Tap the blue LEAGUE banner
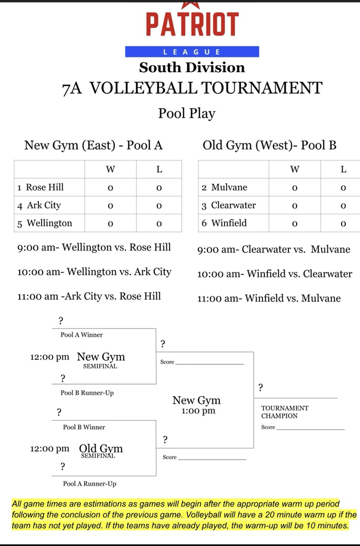pyautogui.click(x=192, y=52)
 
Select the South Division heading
pyautogui.click(x=192, y=68)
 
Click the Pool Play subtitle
pyautogui.click(x=187, y=114)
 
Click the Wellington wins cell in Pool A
pyautogui.click(x=110, y=223)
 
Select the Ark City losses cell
pyautogui.click(x=159, y=205)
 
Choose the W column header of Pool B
pyautogui.click(x=294, y=170)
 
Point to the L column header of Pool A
pyautogui.click(x=159, y=170)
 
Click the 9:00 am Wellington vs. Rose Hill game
pyautogui.click(x=94, y=247)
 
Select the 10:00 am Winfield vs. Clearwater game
pyautogui.click(x=275, y=274)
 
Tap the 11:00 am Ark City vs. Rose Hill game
pyautogui.click(x=89, y=296)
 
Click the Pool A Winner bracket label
pyautogui.click(x=82, y=335)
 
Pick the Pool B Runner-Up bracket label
pyautogui.click(x=87, y=393)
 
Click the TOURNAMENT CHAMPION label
pyautogui.click(x=285, y=412)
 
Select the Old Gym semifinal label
pyautogui.click(x=101, y=449)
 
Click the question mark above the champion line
pyautogui.click(x=261, y=388)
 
